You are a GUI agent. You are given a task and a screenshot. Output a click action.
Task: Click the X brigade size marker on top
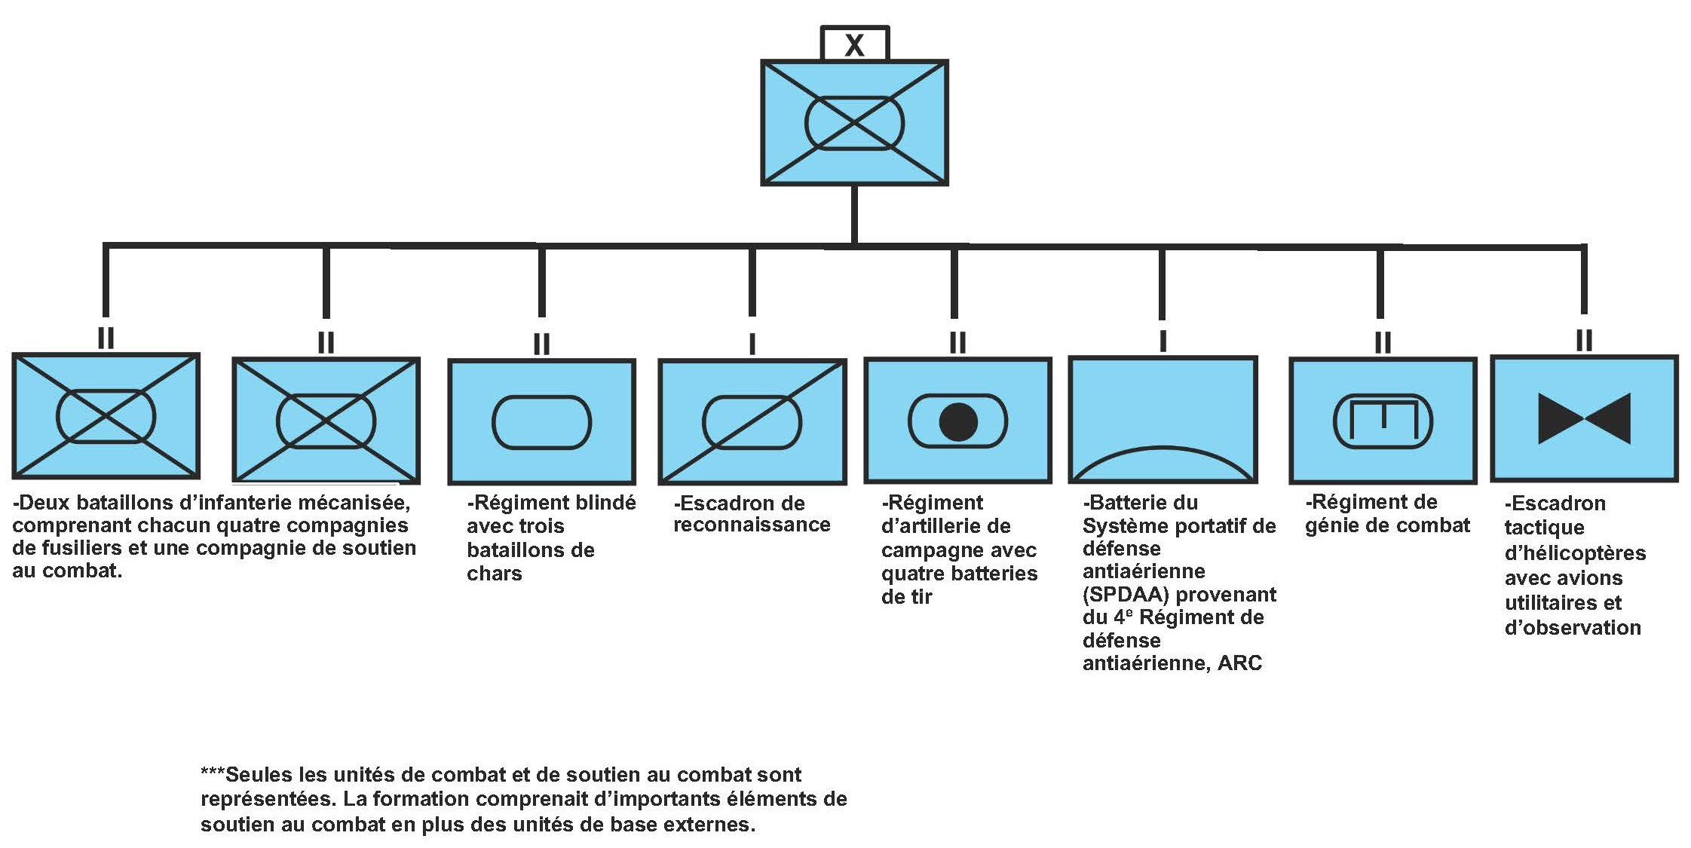[x=854, y=44]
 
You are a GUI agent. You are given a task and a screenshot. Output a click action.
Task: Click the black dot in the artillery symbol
[x=958, y=421]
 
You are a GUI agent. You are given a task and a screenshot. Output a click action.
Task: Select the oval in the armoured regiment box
[x=541, y=422]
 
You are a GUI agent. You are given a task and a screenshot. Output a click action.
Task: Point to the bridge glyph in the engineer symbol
[x=1383, y=421]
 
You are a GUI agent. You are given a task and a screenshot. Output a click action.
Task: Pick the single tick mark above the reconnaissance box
[x=752, y=344]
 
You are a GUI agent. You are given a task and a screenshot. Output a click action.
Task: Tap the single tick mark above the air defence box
[x=1163, y=341]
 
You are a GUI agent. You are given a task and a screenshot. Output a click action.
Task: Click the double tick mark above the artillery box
[x=957, y=343]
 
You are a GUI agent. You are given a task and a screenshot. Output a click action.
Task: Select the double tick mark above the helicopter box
[x=1584, y=341]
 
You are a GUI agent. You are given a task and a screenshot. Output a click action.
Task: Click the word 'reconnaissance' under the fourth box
[x=752, y=525]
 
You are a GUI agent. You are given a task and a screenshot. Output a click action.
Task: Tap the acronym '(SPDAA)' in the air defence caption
[x=1126, y=595]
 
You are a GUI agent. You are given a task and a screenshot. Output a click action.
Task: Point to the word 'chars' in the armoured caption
[x=494, y=574]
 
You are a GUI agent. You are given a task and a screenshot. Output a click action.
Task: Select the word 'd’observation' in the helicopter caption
[x=1572, y=628]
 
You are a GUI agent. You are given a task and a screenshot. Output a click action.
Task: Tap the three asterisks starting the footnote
[x=212, y=774]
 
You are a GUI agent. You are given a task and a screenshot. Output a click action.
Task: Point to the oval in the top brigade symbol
[x=854, y=123]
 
